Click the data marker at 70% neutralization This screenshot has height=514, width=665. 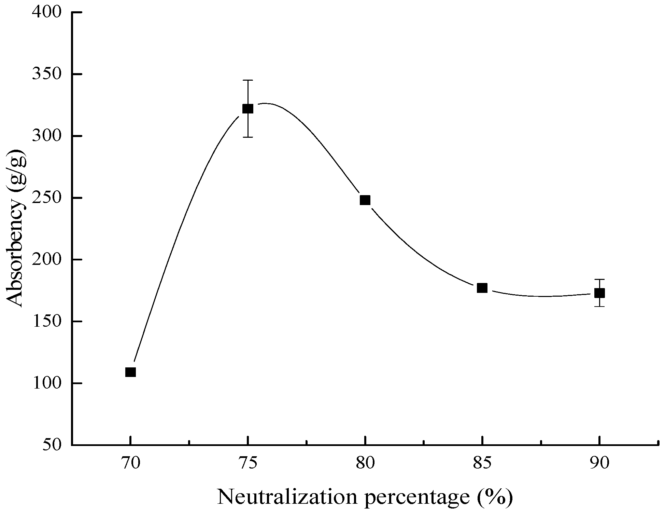coord(130,372)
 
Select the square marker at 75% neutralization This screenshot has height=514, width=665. coord(248,109)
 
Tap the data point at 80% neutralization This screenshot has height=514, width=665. coord(365,200)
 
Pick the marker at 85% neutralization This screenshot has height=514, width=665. coord(482,288)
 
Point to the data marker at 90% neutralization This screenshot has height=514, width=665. coord(599,293)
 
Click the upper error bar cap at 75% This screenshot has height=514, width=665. coord(248,80)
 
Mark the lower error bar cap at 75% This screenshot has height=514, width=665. coord(248,137)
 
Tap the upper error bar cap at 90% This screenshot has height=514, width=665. coord(599,279)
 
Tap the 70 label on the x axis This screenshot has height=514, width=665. coord(130,464)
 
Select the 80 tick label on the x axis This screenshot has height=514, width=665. coord(365,464)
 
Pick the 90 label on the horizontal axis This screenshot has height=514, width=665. coord(599,464)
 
